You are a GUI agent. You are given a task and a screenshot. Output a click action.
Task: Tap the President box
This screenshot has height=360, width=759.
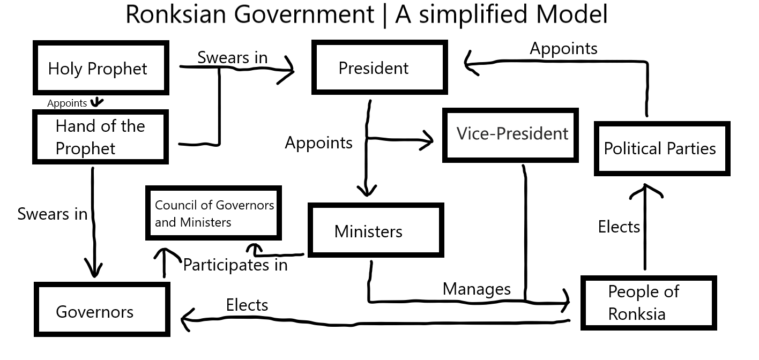point(379,68)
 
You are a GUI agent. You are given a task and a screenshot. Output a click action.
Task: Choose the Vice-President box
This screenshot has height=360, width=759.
point(510,134)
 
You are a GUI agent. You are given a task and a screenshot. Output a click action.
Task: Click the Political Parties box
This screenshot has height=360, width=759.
point(661,148)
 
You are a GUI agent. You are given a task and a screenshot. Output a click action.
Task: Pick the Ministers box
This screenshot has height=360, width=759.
point(375,231)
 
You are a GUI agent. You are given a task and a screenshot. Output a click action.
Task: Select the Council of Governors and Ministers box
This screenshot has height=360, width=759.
point(214,213)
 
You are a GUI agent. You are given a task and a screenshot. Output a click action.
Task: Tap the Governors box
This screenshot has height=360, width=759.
point(102,310)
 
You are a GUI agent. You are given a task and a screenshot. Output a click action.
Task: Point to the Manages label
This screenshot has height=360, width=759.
point(477,289)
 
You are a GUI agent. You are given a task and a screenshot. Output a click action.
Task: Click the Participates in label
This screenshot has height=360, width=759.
point(235,265)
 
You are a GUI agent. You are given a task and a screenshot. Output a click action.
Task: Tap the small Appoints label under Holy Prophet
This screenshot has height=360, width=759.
point(66,103)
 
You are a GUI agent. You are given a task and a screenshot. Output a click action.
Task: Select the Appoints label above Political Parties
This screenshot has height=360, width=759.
point(563,48)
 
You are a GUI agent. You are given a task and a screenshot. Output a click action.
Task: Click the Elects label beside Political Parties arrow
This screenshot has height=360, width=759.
point(619,227)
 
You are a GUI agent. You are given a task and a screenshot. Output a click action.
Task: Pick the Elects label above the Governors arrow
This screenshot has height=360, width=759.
point(247,305)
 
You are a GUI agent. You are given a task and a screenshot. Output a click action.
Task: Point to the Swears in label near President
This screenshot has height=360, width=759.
point(232,57)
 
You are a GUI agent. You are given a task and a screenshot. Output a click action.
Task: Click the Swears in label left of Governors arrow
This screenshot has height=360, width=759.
point(52,214)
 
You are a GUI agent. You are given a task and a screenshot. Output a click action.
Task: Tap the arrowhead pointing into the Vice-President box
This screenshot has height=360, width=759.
point(427,142)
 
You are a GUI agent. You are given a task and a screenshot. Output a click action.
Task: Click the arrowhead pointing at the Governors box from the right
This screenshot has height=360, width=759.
point(185,321)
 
